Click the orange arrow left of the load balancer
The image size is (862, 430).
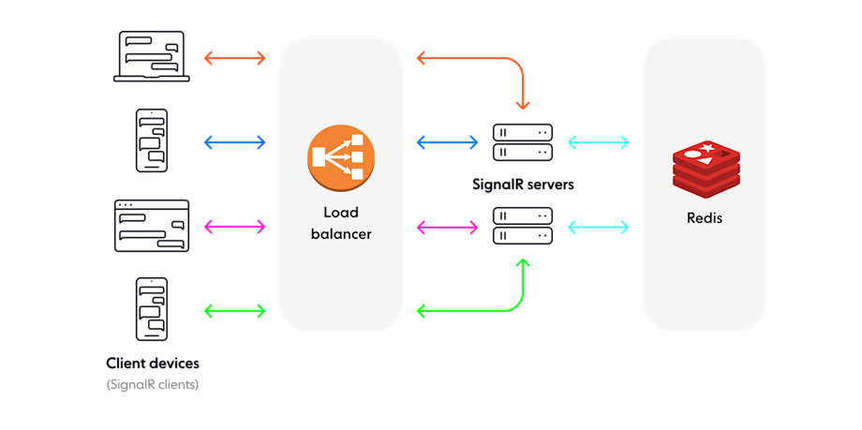pyautogui.click(x=235, y=58)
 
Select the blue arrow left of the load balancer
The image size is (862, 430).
pyautogui.click(x=235, y=142)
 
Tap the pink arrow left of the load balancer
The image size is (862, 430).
pyautogui.click(x=235, y=227)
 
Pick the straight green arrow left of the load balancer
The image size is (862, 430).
pyautogui.click(x=235, y=310)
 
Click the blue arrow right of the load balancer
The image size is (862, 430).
pyautogui.click(x=447, y=142)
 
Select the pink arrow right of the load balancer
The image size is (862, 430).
pyautogui.click(x=447, y=227)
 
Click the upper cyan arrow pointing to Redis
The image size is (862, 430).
pyautogui.click(x=598, y=142)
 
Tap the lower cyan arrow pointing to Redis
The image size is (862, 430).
pyautogui.click(x=598, y=227)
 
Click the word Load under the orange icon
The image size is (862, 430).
pyautogui.click(x=341, y=213)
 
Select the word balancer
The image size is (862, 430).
pyautogui.click(x=341, y=234)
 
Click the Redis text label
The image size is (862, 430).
pyautogui.click(x=705, y=218)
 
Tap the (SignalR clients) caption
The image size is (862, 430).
pyautogui.click(x=153, y=384)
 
